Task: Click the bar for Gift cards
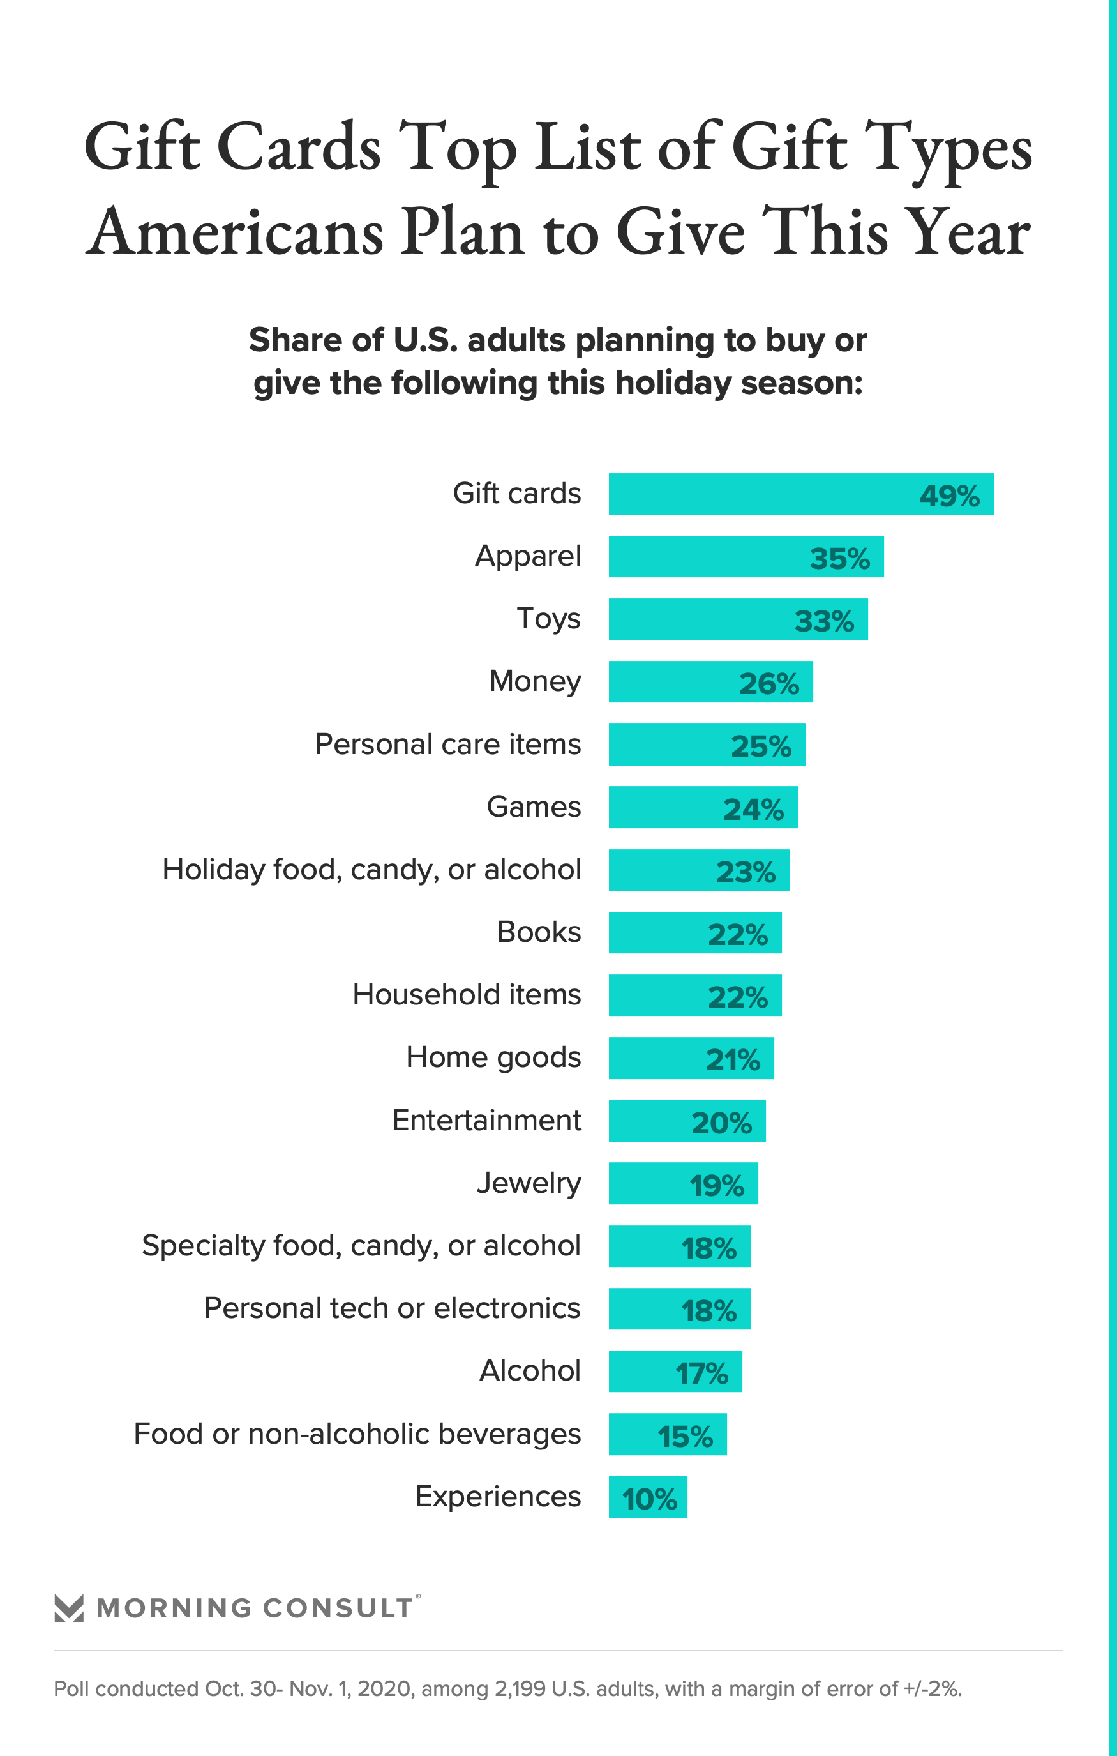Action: (x=800, y=494)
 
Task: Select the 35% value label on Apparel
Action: (x=839, y=559)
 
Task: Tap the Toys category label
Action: (x=548, y=618)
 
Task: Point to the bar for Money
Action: (x=710, y=682)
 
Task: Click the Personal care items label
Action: (x=447, y=744)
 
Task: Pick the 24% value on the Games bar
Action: (x=753, y=809)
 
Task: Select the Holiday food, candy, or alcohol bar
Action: (x=698, y=870)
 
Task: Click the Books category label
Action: (x=539, y=932)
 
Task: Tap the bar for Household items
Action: (x=695, y=995)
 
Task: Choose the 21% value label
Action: (x=733, y=1059)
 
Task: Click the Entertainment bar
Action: (x=687, y=1121)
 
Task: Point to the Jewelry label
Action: (x=529, y=1183)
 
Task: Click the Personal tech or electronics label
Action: (x=393, y=1308)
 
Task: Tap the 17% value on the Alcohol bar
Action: (x=701, y=1373)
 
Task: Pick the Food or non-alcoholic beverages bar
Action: (x=667, y=1434)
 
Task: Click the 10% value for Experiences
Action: (x=649, y=1499)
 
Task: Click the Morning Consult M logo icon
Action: (x=70, y=1608)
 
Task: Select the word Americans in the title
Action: (x=235, y=232)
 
